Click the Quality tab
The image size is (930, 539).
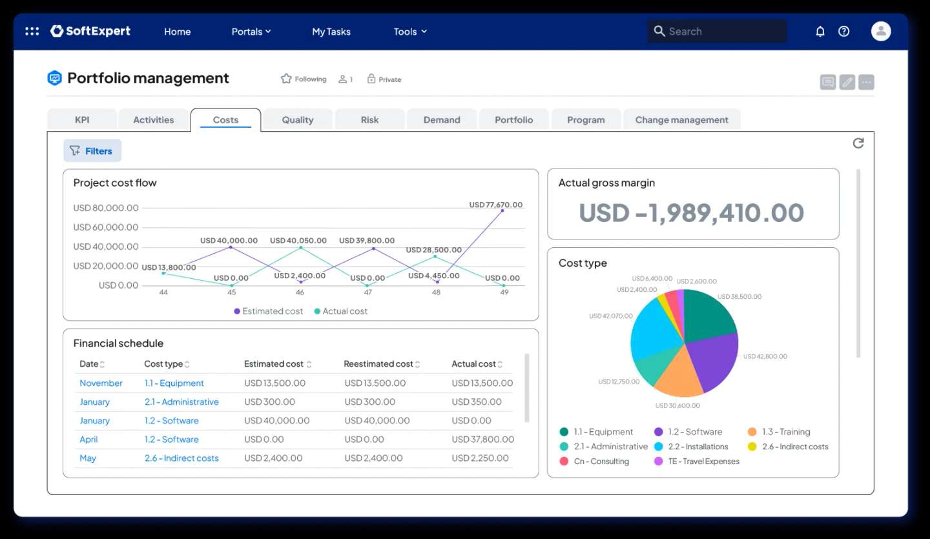[x=297, y=120]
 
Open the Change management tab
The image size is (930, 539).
[x=681, y=120]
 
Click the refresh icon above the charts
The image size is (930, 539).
[x=858, y=143]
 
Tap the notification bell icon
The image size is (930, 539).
[x=820, y=32]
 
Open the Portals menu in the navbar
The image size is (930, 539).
[x=251, y=32]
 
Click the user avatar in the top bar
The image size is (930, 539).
[x=880, y=31]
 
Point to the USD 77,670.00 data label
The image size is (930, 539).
[x=495, y=205]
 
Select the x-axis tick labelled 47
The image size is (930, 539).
[x=368, y=292]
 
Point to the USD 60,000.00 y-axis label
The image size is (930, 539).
[x=106, y=227]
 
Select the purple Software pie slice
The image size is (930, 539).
[x=714, y=361]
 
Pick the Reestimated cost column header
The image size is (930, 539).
[x=378, y=364]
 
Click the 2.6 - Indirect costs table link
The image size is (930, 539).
[x=181, y=458]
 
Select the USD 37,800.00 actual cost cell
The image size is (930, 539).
[x=482, y=440]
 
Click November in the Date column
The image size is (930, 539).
[x=101, y=383]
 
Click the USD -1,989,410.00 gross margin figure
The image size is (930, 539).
[x=691, y=213]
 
